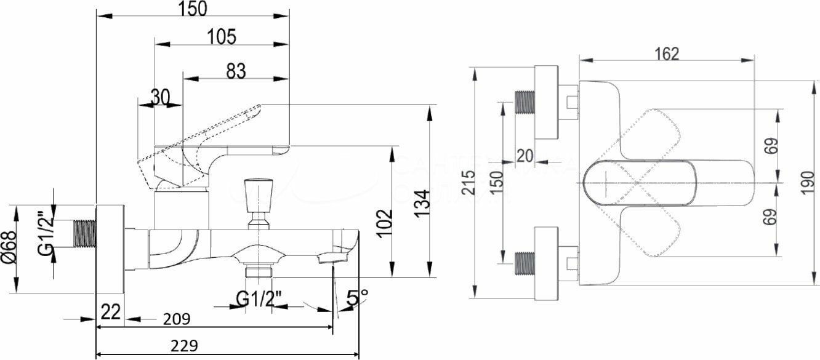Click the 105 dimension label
coord(221,37)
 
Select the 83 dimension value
coord(235,71)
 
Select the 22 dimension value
coord(110,313)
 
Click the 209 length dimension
coord(176,319)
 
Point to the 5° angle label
coord(357,299)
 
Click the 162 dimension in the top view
coord(667,54)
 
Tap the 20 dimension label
coord(525,156)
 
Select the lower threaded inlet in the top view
coord(523,263)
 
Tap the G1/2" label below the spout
coord(259,298)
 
